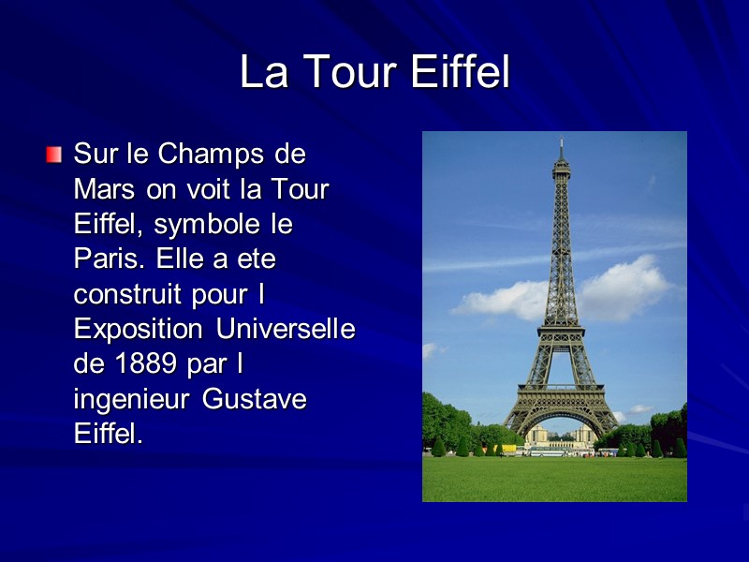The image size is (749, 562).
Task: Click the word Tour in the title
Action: tap(345, 73)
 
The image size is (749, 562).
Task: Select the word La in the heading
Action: tap(262, 73)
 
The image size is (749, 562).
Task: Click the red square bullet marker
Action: tap(54, 153)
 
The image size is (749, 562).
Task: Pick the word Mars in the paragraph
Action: tap(104, 189)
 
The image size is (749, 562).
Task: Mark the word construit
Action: tap(133, 295)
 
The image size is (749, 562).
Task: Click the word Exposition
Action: tap(139, 330)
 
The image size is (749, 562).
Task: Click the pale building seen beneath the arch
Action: tap(561, 436)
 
